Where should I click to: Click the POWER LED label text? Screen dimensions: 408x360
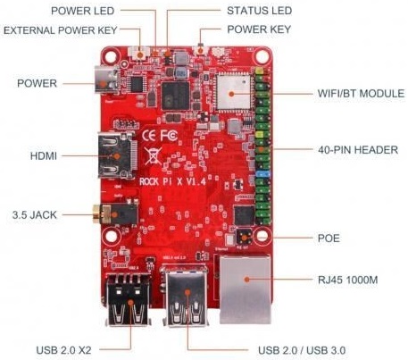click(82, 11)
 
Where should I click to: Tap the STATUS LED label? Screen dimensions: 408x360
click(259, 11)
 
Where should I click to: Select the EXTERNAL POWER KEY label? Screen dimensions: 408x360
click(61, 30)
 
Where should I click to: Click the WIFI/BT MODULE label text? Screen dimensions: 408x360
click(361, 94)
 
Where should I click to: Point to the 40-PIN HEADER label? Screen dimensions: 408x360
click(358, 150)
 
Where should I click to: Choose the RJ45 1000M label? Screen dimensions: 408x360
click(347, 280)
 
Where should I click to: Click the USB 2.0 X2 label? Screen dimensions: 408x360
click(63, 350)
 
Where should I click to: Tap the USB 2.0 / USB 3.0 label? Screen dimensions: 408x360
click(302, 350)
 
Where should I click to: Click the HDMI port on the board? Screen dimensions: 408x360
click(118, 155)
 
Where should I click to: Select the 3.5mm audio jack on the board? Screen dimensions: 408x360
click(115, 213)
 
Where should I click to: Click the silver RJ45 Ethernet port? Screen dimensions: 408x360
click(246, 289)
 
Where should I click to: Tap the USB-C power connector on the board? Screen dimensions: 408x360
click(106, 80)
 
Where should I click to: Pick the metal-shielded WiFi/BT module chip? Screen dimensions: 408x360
click(234, 91)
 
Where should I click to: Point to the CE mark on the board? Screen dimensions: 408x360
click(149, 136)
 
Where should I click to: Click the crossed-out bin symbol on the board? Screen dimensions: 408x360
click(153, 155)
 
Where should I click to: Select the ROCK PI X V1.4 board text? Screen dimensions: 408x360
click(172, 181)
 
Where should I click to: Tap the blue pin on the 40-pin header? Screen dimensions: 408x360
click(263, 174)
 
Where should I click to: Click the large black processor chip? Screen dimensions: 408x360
click(175, 96)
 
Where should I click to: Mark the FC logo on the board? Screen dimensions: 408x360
click(169, 136)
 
